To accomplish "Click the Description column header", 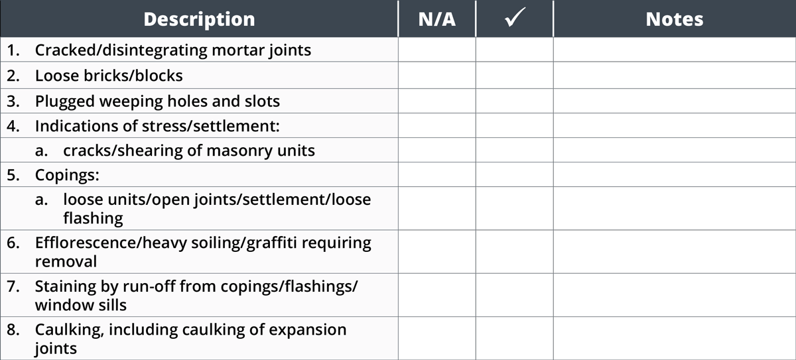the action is click(199, 19).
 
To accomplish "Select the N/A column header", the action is click(436, 19).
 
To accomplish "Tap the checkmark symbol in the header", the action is click(515, 17).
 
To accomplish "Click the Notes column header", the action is click(675, 19).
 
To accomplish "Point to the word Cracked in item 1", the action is click(66, 50).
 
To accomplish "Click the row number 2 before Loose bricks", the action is click(13, 76).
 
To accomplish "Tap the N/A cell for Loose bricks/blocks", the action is click(436, 76).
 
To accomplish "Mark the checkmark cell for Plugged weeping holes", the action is click(515, 101).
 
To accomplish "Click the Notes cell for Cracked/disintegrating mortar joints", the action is click(675, 50).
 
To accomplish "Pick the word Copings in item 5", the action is click(67, 176).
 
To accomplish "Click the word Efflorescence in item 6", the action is click(86, 243).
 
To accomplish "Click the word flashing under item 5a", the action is click(93, 218).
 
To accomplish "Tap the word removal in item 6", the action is click(66, 262).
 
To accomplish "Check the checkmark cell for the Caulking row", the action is click(515, 338).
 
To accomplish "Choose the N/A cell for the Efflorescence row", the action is click(436, 252).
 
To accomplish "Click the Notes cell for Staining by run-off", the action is click(675, 295).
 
